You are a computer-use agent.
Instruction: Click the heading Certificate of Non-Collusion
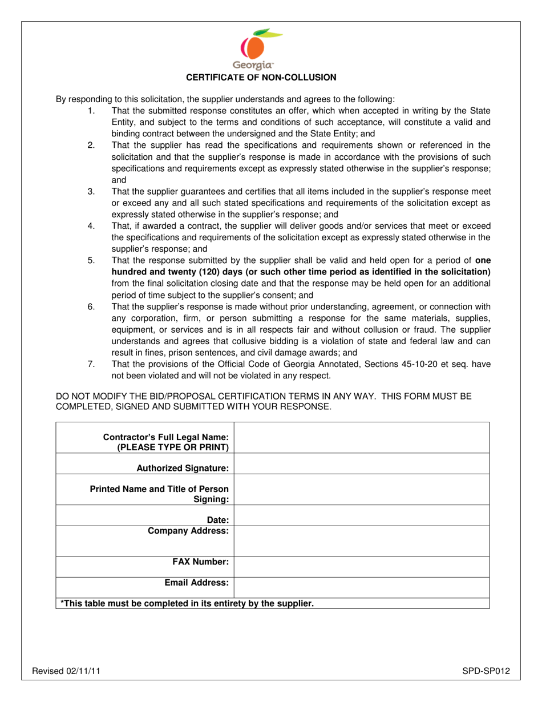pos(270,76)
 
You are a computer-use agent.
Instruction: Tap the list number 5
pos(91,260)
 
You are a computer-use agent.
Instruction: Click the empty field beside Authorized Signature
pos(362,463)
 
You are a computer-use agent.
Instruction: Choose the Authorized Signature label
pos(182,468)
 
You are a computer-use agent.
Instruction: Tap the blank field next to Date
pos(362,516)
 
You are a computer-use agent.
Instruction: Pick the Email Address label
pos(196,583)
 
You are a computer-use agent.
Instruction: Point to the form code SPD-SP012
pos(486,671)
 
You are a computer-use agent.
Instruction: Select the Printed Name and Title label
pos(160,494)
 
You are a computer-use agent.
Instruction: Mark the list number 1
pos(91,110)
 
